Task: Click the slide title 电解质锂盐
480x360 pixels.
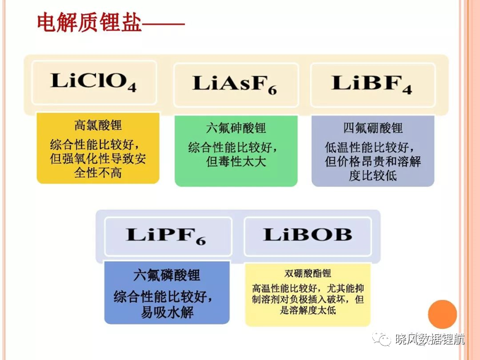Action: pyautogui.click(x=89, y=22)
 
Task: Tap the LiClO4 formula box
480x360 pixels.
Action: pyautogui.click(x=94, y=83)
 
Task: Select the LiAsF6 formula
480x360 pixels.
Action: pyautogui.click(x=234, y=83)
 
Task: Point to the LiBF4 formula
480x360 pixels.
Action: pyautogui.click(x=371, y=83)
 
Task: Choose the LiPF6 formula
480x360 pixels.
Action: pyautogui.click(x=166, y=236)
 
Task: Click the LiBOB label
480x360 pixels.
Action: pyautogui.click(x=308, y=234)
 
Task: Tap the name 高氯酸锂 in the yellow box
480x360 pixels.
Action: pyautogui.click(x=98, y=125)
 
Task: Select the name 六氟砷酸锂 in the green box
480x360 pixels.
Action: pyautogui.click(x=236, y=128)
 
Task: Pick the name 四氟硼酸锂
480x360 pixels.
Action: pyautogui.click(x=373, y=128)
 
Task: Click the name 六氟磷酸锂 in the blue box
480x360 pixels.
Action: pyautogui.click(x=167, y=275)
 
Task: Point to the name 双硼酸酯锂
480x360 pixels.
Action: pyautogui.click(x=308, y=273)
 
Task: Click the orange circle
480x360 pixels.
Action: pyautogui.click(x=442, y=314)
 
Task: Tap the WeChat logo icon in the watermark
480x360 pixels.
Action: pyautogui.click(x=382, y=338)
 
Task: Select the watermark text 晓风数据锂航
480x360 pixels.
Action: pyautogui.click(x=429, y=339)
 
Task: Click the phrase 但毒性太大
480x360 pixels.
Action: pyautogui.click(x=236, y=162)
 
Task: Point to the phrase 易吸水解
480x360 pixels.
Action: pyautogui.click(x=167, y=312)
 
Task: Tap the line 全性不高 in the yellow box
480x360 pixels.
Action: pyautogui.click(x=98, y=173)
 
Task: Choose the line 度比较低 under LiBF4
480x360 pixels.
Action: pyautogui.click(x=373, y=176)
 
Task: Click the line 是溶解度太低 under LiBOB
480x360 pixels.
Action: pyautogui.click(x=308, y=310)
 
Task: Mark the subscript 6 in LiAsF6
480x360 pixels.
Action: pyautogui.click(x=272, y=90)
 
